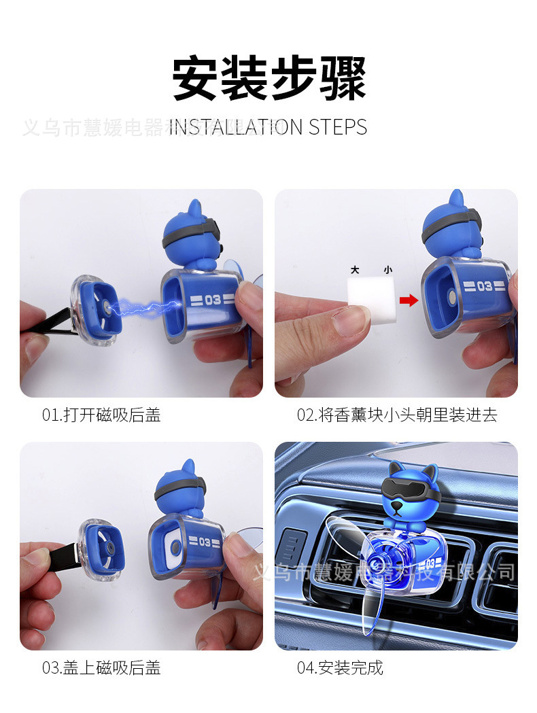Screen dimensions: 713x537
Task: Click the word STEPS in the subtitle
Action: [x=337, y=127]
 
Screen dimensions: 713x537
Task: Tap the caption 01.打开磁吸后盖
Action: [x=101, y=415]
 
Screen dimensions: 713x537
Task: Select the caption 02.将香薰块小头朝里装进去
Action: [x=397, y=415]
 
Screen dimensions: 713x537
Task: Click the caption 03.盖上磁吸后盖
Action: [x=101, y=667]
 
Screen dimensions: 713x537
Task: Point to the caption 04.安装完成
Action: [x=340, y=667]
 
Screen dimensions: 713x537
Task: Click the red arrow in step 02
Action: [x=409, y=300]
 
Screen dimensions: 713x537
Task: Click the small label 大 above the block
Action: [x=355, y=270]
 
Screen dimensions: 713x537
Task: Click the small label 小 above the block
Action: [x=387, y=270]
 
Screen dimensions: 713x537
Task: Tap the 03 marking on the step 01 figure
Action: [x=212, y=299]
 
